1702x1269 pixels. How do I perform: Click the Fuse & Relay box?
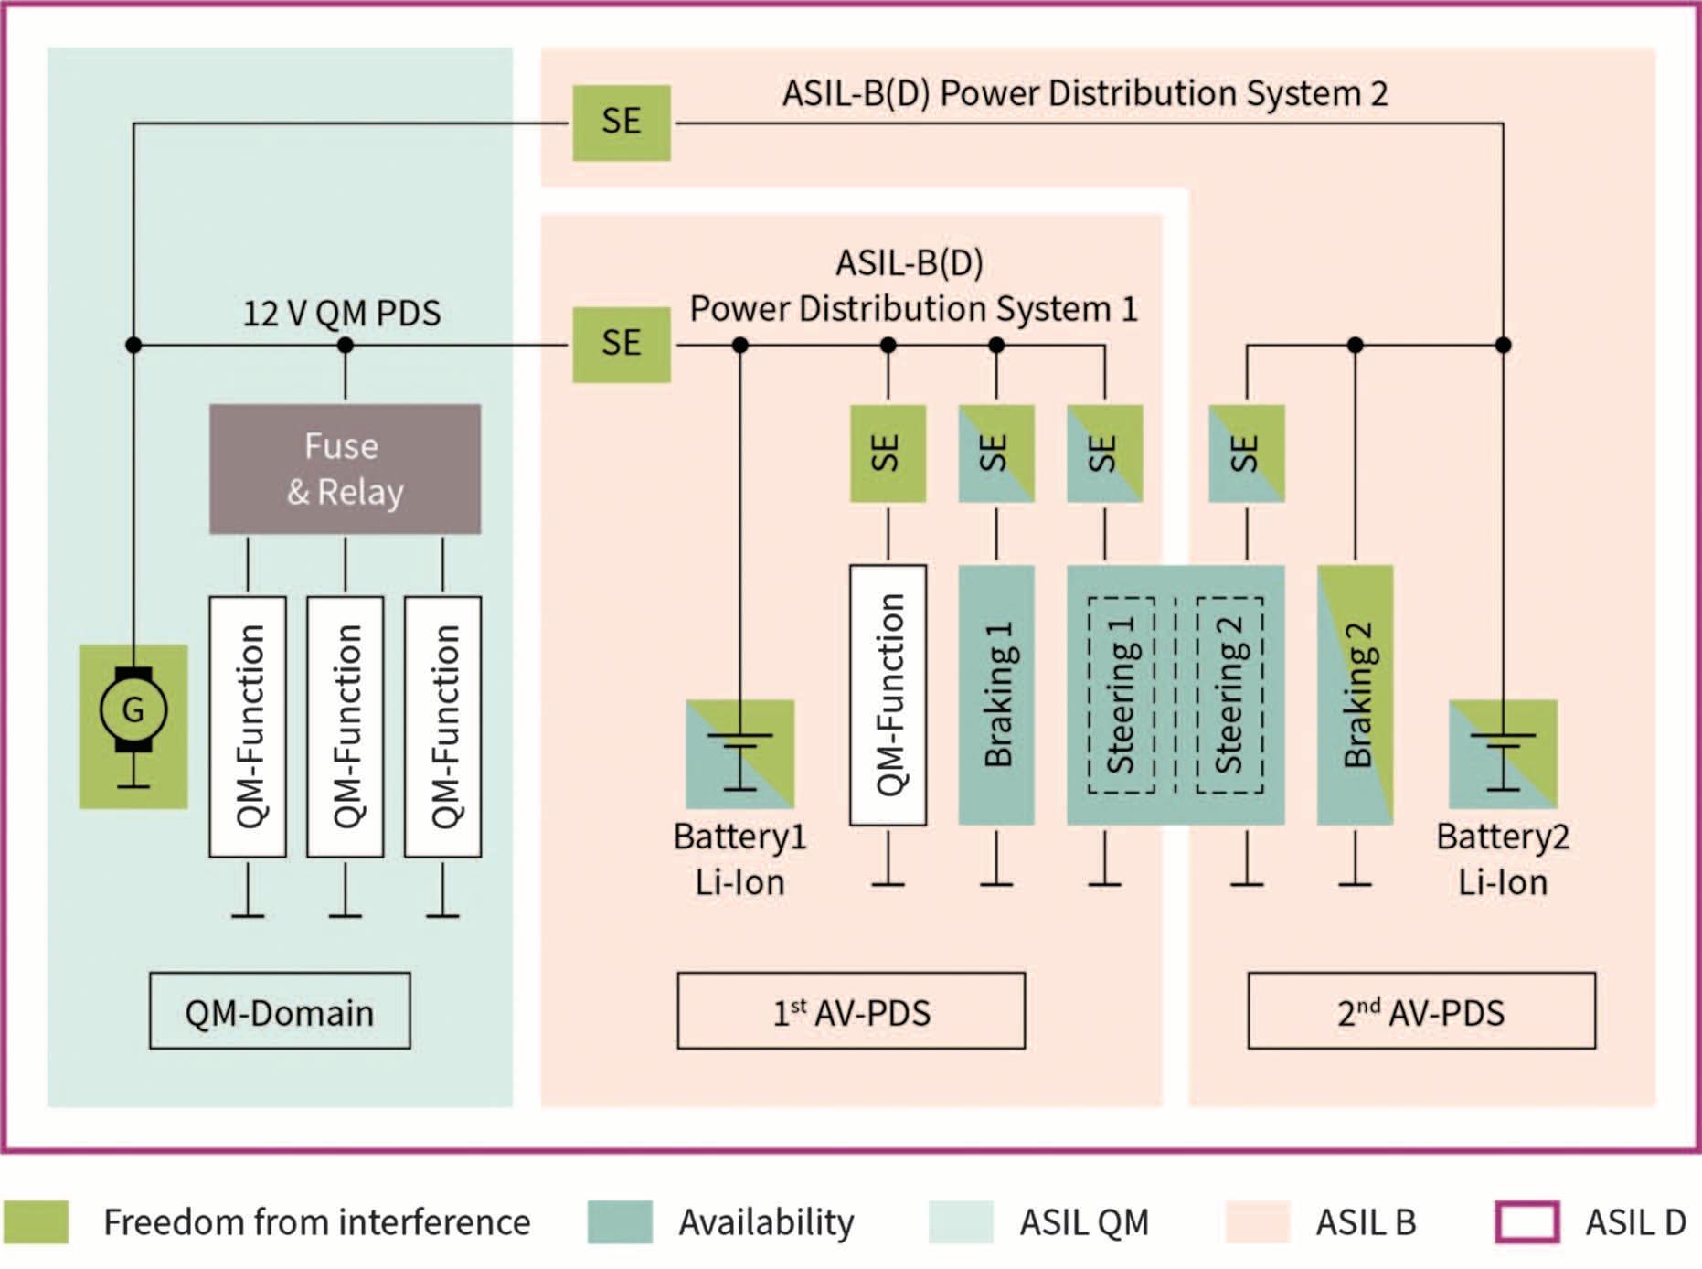tap(345, 469)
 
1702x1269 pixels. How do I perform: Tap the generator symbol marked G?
tap(133, 710)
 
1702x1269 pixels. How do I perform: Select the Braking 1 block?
tap(996, 695)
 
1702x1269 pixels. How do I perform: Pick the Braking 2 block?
tap(1355, 695)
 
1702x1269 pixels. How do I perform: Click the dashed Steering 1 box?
tap(1122, 695)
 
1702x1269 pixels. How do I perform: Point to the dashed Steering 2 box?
tap(1229, 695)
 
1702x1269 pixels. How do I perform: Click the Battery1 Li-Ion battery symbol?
tap(740, 754)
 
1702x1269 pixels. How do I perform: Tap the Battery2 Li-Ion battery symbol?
tap(1503, 754)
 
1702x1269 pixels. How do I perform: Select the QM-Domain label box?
tap(280, 1011)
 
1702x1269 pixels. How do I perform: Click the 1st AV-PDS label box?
tap(851, 1011)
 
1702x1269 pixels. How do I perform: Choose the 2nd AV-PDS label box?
tap(1421, 1011)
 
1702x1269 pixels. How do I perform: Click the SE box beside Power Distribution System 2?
tap(622, 123)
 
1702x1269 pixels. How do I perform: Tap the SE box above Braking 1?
tap(996, 453)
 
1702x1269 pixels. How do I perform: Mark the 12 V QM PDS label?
tap(341, 314)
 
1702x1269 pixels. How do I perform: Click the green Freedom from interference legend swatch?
tap(36, 1222)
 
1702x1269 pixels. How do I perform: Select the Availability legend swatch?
tap(620, 1222)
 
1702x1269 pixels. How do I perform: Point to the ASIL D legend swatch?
tap(1527, 1222)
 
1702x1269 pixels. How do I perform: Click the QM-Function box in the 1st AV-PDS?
tap(888, 695)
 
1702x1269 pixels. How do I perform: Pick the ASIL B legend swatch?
tap(1257, 1222)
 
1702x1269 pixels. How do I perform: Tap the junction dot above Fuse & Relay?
tap(345, 346)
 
